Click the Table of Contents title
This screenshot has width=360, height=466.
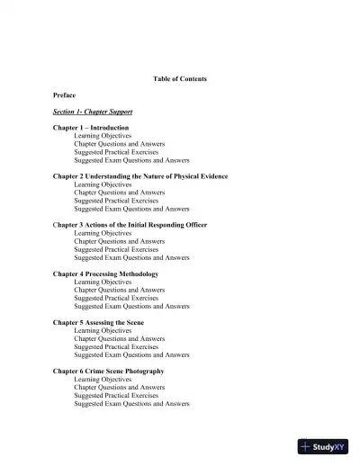coord(180,78)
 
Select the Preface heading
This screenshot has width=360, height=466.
coord(64,94)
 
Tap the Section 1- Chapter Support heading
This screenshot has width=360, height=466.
coord(93,112)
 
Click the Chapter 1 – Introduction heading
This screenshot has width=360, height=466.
coord(91,128)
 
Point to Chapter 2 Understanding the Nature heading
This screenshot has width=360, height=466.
coord(140,176)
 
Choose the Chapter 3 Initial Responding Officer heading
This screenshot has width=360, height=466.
coord(132,225)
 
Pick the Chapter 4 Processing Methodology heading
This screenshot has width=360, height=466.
coord(105,273)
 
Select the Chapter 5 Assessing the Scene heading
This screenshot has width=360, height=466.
coord(98,322)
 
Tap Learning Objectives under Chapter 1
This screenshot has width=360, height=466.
coord(103,136)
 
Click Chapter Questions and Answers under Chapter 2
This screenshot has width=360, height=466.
coord(119,193)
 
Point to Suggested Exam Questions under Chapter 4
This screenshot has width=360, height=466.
coord(131,306)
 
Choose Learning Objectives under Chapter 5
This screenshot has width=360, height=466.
coord(103,330)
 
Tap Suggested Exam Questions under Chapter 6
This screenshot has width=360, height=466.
coord(131,403)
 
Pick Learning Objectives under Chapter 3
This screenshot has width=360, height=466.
coord(103,233)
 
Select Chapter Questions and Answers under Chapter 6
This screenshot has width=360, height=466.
coord(119,387)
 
